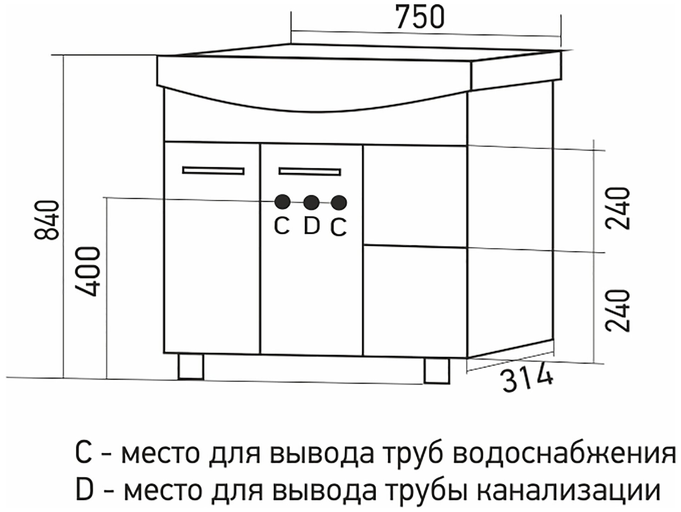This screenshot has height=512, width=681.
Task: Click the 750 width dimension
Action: (420, 17)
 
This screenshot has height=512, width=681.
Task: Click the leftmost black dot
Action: (283, 202)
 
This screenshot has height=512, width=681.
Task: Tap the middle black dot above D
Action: (312, 202)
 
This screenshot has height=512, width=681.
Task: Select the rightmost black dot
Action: (339, 203)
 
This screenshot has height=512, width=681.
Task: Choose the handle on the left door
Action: (213, 171)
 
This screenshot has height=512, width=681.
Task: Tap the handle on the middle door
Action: (310, 171)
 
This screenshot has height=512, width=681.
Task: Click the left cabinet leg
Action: (191, 367)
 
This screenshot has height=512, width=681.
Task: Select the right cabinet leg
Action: (437, 371)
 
